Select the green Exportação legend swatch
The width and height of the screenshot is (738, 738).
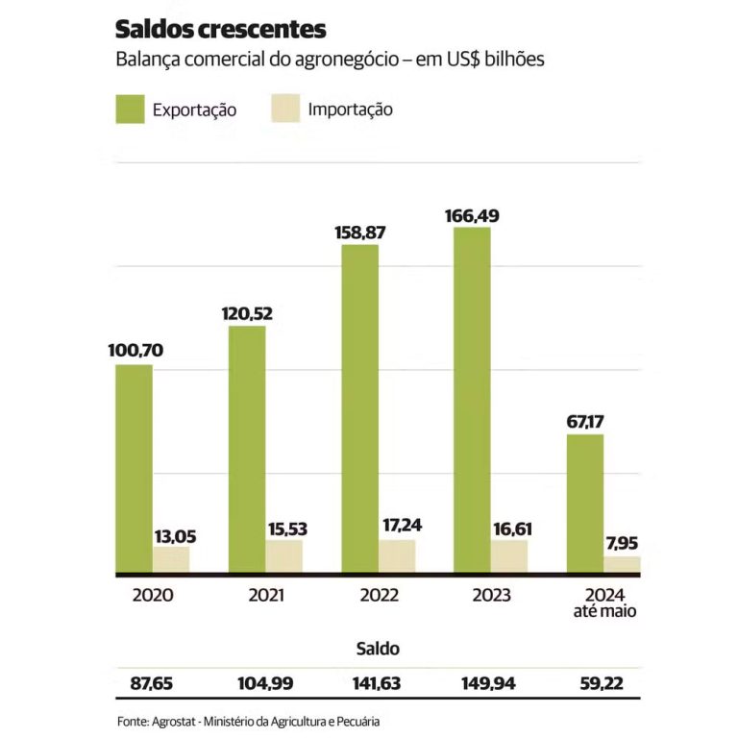[x=130, y=109]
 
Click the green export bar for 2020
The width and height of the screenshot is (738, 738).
[x=134, y=469]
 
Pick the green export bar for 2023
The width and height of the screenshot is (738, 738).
[x=472, y=401]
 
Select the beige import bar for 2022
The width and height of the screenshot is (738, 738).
[x=397, y=556]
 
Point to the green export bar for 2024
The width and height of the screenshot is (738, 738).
[x=585, y=504]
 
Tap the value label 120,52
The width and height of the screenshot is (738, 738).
[x=246, y=312]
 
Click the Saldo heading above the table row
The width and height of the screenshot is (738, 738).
[x=377, y=649]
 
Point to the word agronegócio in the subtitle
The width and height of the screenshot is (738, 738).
[x=341, y=60]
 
